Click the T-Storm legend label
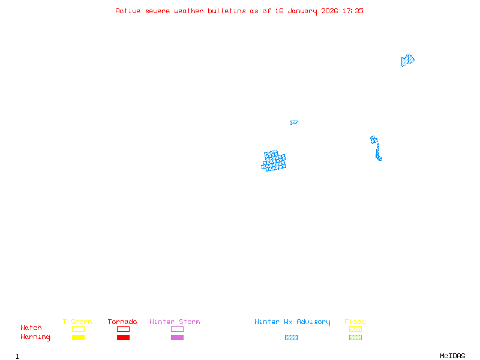click(x=77, y=322)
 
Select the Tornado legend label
click(x=122, y=322)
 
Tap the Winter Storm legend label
click(x=175, y=322)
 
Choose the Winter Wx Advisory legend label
click(x=292, y=322)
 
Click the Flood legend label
click(x=355, y=322)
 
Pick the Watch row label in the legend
click(x=31, y=328)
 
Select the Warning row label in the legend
click(x=35, y=337)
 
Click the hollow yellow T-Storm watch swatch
click(x=78, y=329)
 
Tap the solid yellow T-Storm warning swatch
click(x=78, y=338)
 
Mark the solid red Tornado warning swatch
click(x=123, y=338)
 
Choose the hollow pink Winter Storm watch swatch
click(x=177, y=329)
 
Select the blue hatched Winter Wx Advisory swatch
click(x=291, y=338)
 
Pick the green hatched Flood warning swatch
click(x=355, y=338)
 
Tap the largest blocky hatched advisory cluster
click(x=274, y=161)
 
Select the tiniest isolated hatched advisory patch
click(x=293, y=122)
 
